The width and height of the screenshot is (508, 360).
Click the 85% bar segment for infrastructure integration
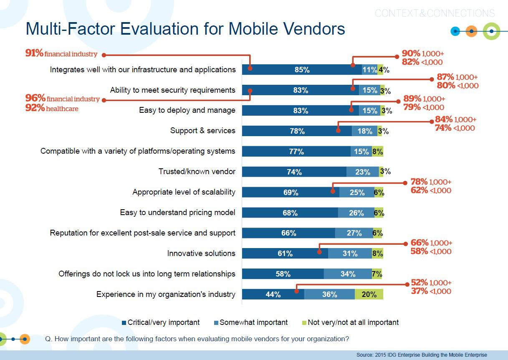[x=302, y=70]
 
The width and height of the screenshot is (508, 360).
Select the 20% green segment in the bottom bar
[x=369, y=294]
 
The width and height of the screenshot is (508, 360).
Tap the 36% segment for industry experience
[x=329, y=294]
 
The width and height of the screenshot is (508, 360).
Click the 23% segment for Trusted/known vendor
[x=362, y=172]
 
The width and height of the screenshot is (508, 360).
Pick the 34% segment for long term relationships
[x=348, y=274]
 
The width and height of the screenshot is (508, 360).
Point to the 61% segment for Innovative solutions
[x=285, y=254]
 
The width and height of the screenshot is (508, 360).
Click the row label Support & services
[x=202, y=131]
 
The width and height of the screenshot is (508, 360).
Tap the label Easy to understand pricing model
[x=177, y=213]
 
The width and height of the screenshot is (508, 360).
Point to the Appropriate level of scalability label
[x=184, y=192]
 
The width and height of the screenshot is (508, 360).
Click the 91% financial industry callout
[x=61, y=53]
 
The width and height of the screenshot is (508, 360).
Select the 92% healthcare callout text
[x=52, y=109]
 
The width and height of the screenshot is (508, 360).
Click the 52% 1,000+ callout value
[x=431, y=283]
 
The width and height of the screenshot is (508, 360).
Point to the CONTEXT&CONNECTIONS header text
[x=435, y=13]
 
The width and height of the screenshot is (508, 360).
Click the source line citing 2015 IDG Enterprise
[x=422, y=355]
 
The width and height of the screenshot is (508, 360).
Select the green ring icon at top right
[x=491, y=31]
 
